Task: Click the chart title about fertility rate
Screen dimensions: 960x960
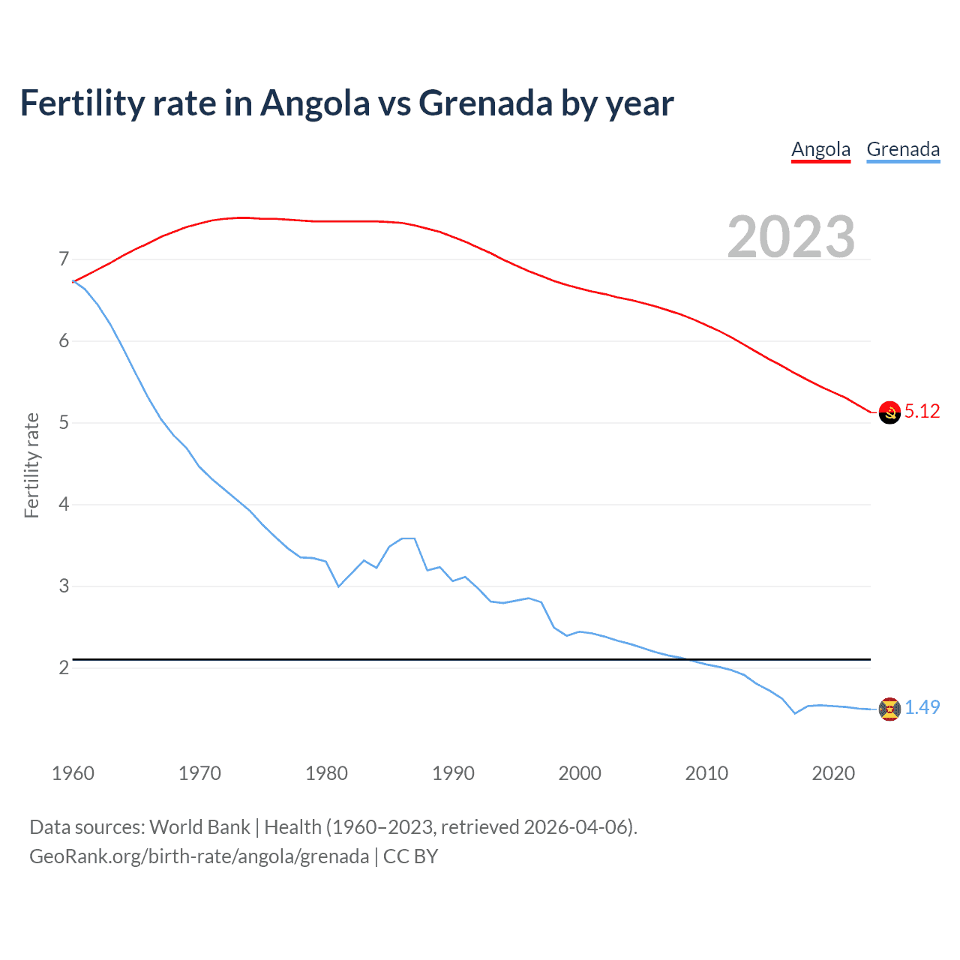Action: (346, 103)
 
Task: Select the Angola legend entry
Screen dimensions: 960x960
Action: (820, 149)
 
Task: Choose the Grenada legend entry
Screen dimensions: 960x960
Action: (903, 149)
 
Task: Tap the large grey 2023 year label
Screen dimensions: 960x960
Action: (790, 237)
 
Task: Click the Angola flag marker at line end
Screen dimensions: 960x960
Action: (889, 412)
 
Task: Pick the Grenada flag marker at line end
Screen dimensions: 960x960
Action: (889, 709)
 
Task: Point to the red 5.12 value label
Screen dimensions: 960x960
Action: (922, 411)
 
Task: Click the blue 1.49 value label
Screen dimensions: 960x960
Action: (922, 707)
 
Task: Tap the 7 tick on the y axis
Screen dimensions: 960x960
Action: (64, 259)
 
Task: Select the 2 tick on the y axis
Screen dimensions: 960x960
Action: (64, 667)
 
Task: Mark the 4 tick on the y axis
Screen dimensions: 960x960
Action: (64, 504)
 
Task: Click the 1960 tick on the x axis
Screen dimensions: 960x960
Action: (73, 773)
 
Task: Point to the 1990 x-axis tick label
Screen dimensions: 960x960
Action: (453, 773)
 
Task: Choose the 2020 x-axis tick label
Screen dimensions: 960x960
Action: (833, 773)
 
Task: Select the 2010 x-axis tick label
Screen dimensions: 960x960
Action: (706, 773)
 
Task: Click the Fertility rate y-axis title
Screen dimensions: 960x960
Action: (31, 465)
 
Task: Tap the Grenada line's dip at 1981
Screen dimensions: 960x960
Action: (338, 586)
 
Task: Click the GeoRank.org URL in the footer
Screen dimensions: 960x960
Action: (199, 856)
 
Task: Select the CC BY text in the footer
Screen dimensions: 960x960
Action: (410, 856)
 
